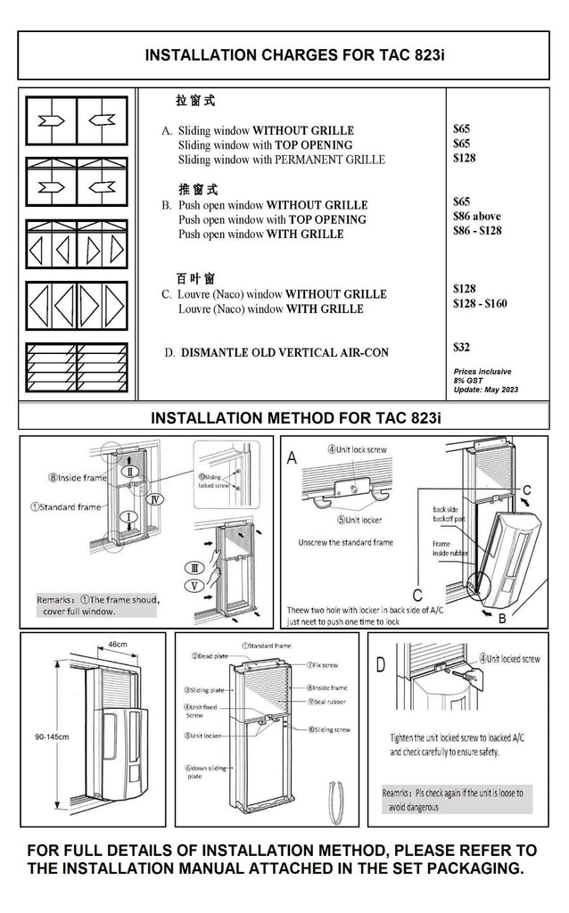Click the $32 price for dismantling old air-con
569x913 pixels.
[462, 348]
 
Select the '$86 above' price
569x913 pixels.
[477, 216]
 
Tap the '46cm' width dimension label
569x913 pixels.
[117, 643]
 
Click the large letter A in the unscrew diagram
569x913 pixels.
[292, 458]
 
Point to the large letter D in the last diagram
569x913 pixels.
[381, 664]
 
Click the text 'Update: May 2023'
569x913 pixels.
[486, 391]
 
